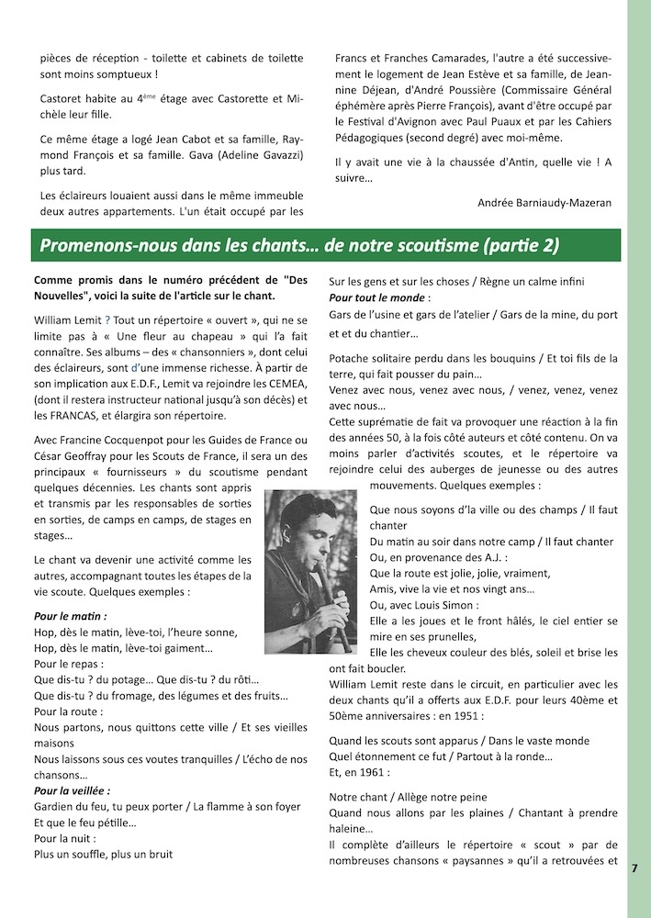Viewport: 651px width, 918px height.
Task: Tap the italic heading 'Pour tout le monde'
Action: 377,299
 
